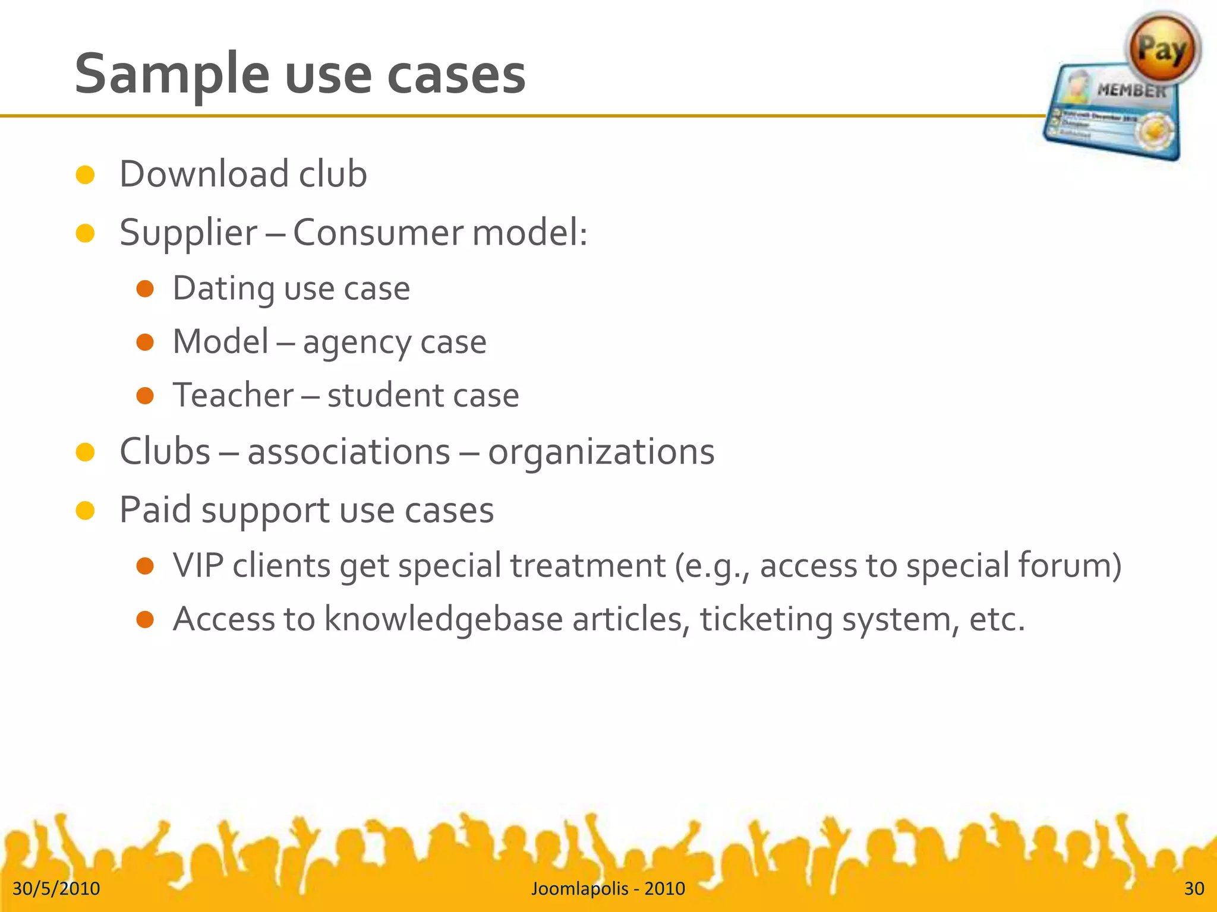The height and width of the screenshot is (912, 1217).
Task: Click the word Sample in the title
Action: point(172,74)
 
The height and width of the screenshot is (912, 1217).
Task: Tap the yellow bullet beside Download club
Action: point(86,175)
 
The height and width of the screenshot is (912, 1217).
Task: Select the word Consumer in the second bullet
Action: point(377,232)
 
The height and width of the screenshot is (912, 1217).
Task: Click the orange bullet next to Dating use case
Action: point(145,289)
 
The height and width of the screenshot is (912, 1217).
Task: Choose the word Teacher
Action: point(233,395)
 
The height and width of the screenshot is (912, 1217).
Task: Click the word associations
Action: point(349,452)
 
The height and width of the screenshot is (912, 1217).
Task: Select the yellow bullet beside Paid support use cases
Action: point(86,510)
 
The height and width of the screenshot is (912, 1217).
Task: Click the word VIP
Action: point(198,565)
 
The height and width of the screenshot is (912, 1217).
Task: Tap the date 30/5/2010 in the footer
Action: point(56,888)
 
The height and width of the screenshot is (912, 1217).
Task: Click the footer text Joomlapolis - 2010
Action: point(608,888)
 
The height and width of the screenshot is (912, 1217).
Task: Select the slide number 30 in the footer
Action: point(1194,888)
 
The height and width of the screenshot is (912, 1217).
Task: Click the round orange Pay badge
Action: point(1162,49)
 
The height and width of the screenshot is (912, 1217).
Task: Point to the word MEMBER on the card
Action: point(1131,91)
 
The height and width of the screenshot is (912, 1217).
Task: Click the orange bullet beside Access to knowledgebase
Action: point(145,620)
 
